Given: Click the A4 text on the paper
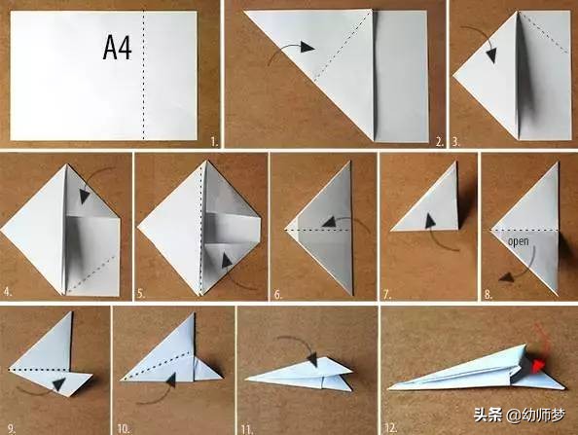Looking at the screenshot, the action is (x=117, y=48).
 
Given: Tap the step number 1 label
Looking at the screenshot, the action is (x=214, y=141).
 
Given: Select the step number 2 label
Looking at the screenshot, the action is (x=439, y=141).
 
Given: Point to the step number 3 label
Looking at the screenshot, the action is (x=456, y=141).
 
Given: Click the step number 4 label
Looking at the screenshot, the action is (x=8, y=293).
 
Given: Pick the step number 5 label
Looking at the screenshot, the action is (x=141, y=294).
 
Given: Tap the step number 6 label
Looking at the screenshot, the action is (x=278, y=295).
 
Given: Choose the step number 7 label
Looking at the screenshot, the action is (x=386, y=295).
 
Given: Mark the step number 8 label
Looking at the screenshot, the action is (x=488, y=295).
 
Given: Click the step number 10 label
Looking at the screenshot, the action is (x=124, y=429).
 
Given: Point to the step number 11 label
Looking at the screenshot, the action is (x=247, y=429).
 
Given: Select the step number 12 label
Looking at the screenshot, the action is (x=391, y=427).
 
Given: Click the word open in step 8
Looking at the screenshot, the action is (x=519, y=242).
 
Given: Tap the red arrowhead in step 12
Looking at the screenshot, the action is (x=538, y=365).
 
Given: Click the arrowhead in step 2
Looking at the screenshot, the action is (x=307, y=47).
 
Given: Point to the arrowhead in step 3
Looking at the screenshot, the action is (x=491, y=55).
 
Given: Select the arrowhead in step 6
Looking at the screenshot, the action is (x=329, y=222).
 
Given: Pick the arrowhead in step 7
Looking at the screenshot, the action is (x=430, y=220).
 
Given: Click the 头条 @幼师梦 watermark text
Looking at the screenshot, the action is (x=520, y=416).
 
